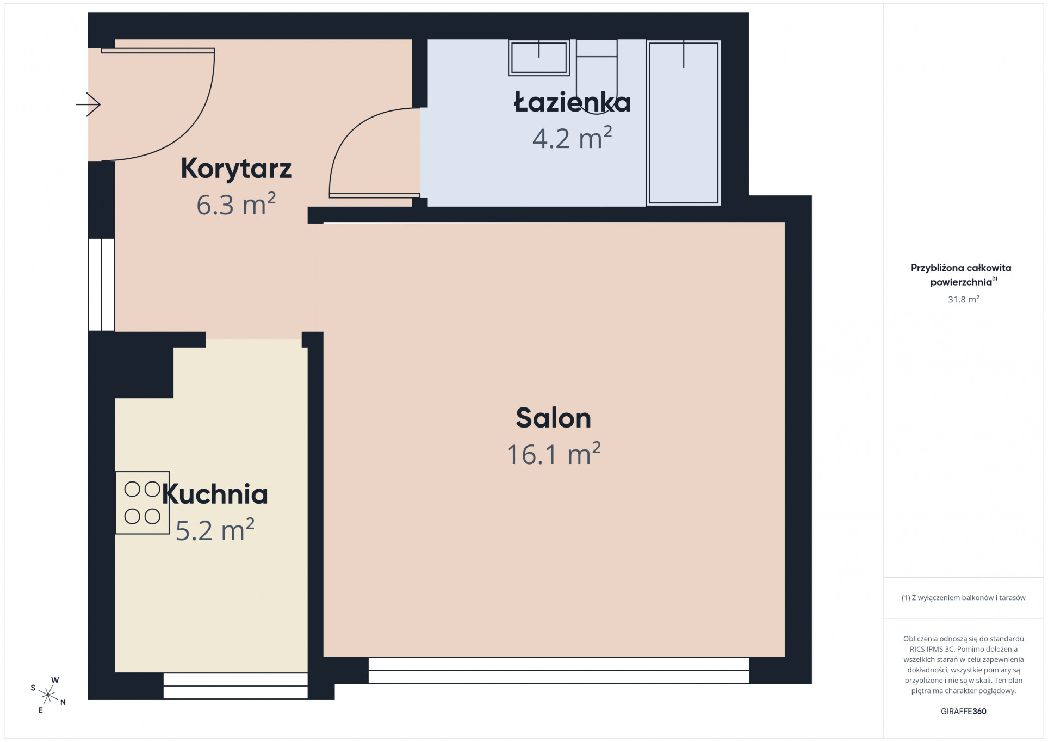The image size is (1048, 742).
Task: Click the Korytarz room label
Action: coord(236,168)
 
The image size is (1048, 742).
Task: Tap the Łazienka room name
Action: coord(572,102)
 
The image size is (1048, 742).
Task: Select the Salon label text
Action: coord(553,418)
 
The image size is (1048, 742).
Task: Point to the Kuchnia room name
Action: coord(215,494)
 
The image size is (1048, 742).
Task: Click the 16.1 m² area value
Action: coord(554,454)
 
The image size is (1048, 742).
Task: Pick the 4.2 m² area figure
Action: coord(572,138)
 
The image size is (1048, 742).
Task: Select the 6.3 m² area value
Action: coord(236,205)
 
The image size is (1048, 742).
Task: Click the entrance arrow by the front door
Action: coord(88,104)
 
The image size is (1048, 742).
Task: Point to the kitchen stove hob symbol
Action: coord(142,503)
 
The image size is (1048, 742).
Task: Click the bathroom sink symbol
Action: coord(539,57)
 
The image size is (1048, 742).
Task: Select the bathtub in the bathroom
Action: coord(684,123)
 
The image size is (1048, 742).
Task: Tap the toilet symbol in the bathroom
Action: coord(597,77)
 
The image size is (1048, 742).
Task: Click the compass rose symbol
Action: coord(48,695)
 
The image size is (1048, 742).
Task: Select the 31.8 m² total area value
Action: coord(964,299)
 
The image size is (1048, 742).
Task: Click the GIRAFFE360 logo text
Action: coord(964,711)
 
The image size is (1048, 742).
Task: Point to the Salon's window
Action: coord(559,670)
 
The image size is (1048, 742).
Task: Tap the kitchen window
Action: coord(235,685)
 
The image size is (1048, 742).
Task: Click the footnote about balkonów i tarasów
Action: coord(964,598)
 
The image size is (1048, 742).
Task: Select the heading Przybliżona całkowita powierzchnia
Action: coord(962,275)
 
